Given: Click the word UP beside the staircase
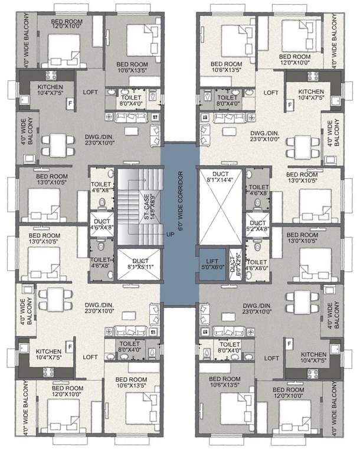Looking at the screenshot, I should (x=170, y=234).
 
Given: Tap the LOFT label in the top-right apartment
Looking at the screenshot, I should (x=271, y=93).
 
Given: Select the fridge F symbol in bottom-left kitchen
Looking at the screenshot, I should (x=69, y=346).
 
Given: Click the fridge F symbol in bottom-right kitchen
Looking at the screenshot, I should (x=290, y=344).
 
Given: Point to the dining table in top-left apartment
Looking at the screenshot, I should (x=56, y=143).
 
